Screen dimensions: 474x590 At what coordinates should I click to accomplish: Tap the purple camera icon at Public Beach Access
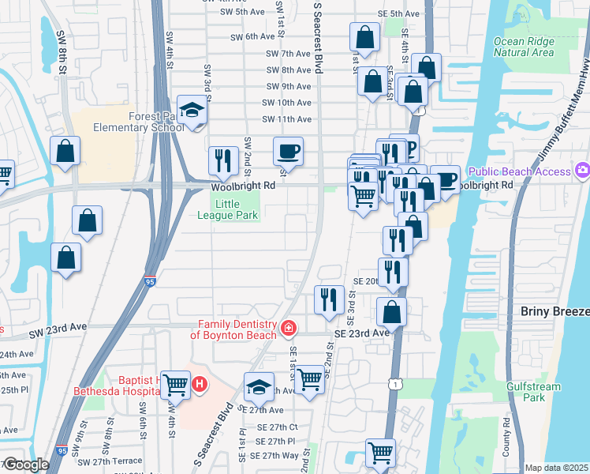(x=583, y=170)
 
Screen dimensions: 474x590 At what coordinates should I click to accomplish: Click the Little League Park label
(x=238, y=209)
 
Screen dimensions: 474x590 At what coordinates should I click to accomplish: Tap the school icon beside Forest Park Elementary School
(x=192, y=111)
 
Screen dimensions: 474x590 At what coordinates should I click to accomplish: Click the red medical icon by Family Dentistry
(x=289, y=328)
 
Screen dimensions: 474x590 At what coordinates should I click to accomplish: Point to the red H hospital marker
(x=200, y=385)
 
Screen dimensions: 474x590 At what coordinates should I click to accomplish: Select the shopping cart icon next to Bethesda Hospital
(x=176, y=385)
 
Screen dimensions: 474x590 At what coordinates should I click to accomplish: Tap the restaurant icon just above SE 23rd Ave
(x=329, y=299)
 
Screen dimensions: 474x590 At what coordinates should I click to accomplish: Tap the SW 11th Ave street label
(x=288, y=119)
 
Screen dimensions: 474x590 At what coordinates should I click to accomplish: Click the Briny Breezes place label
(x=555, y=312)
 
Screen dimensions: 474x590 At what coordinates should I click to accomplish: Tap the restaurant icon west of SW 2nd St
(x=223, y=160)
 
